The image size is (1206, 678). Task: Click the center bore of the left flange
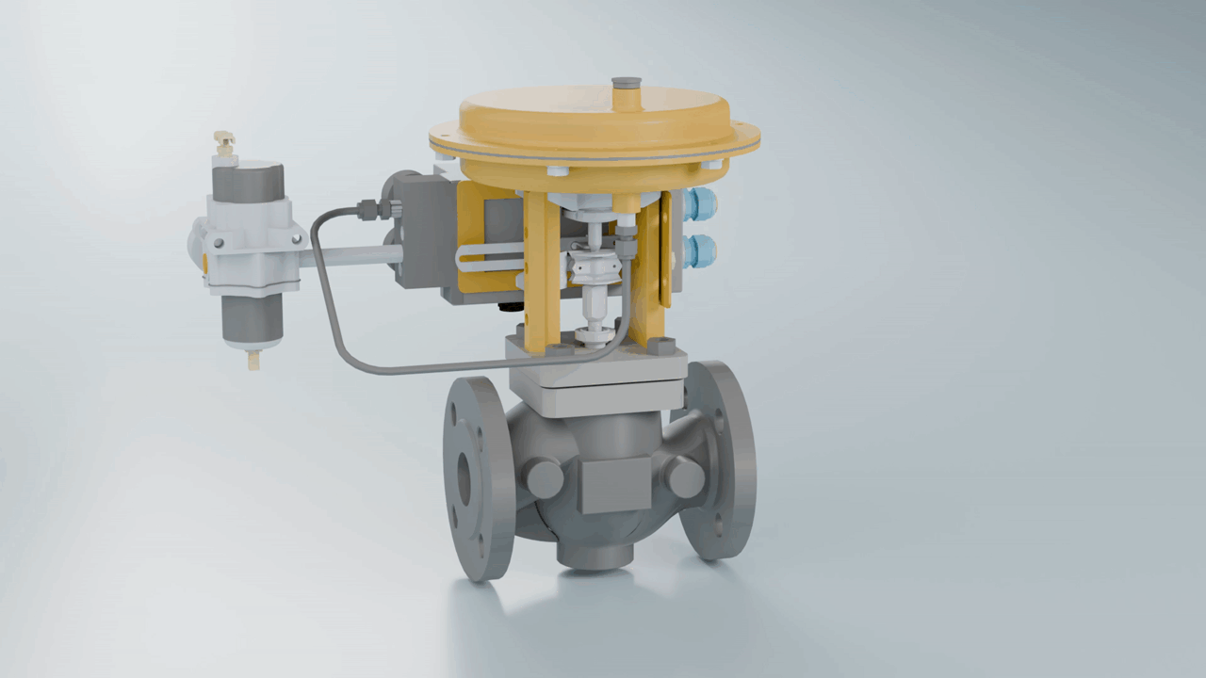[x=464, y=478]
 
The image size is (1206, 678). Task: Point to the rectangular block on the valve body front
[x=611, y=484]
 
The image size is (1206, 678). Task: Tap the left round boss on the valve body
[x=545, y=477]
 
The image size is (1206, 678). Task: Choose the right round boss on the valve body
[x=685, y=476]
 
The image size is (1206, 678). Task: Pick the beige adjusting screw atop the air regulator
[x=224, y=143]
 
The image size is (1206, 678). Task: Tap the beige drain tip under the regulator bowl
[x=253, y=359]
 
